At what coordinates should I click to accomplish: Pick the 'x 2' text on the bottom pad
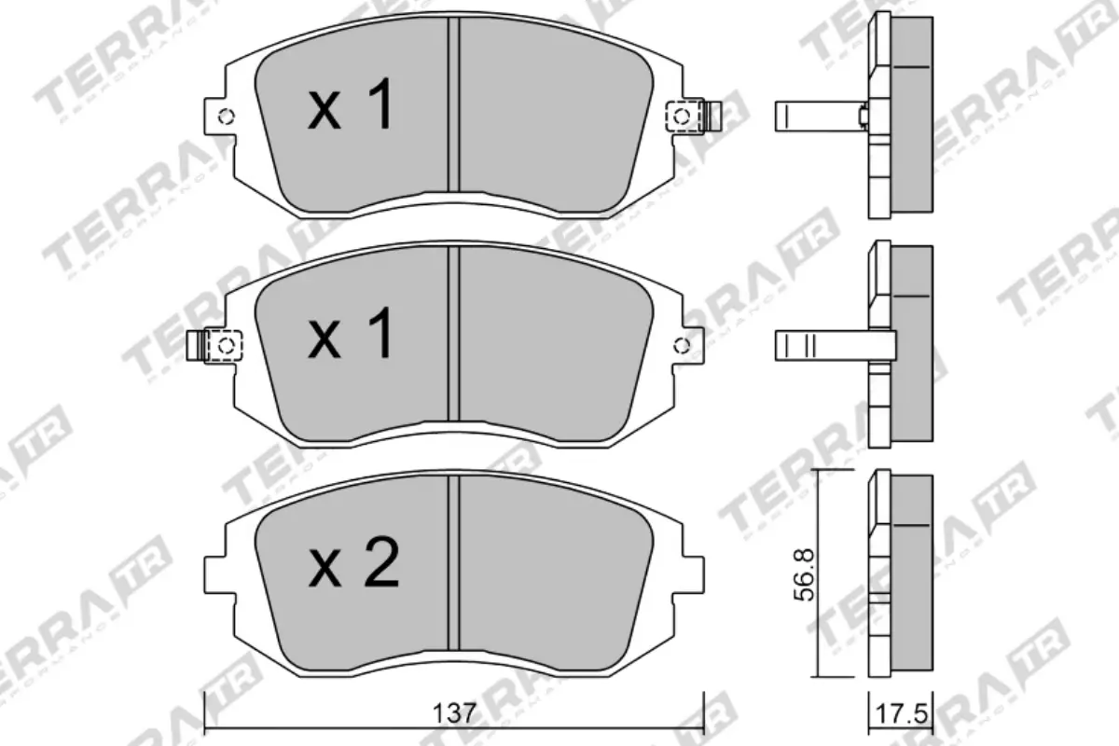[353, 563]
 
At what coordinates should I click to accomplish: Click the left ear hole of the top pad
[225, 117]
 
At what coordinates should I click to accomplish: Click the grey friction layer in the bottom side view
[914, 573]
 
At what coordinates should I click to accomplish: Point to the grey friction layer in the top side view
[914, 117]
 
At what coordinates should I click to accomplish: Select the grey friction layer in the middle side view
[914, 345]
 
